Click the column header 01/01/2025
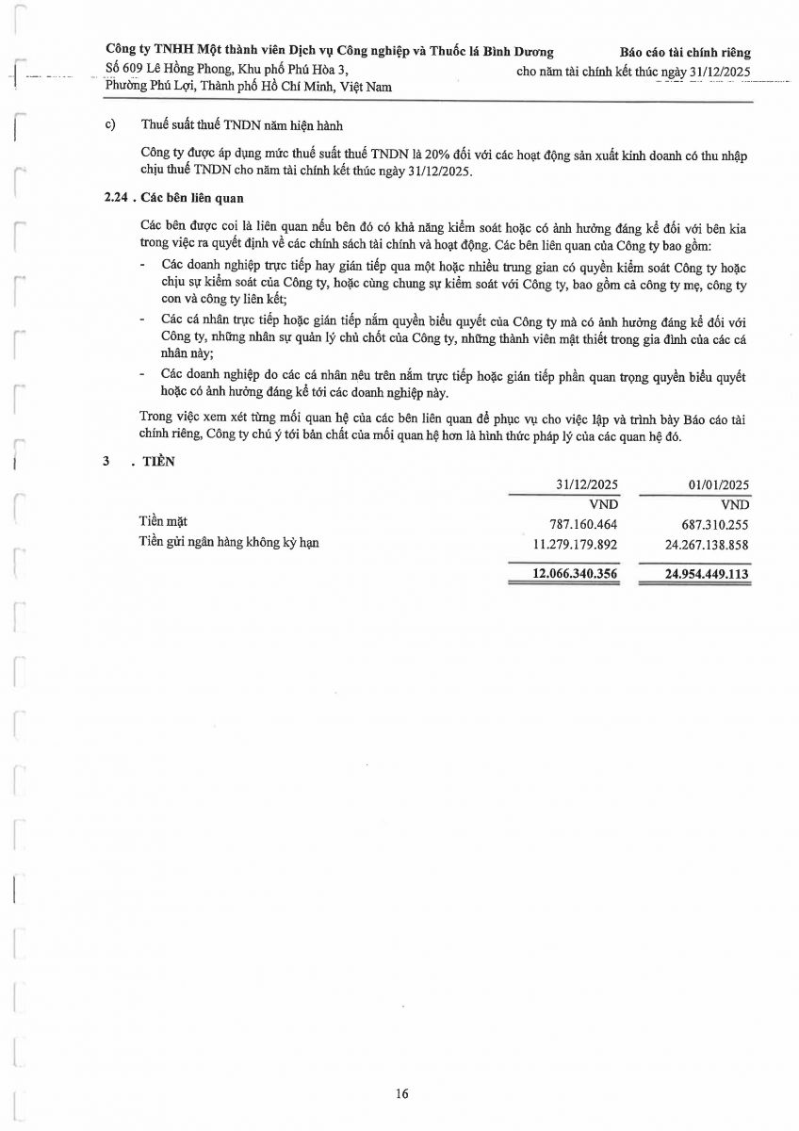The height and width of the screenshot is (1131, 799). pyautogui.click(x=719, y=484)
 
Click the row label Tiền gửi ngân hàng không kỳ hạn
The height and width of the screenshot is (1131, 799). pyautogui.click(x=229, y=542)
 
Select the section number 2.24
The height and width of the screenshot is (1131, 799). pyautogui.click(x=116, y=198)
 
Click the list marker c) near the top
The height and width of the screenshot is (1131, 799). pyautogui.click(x=110, y=124)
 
